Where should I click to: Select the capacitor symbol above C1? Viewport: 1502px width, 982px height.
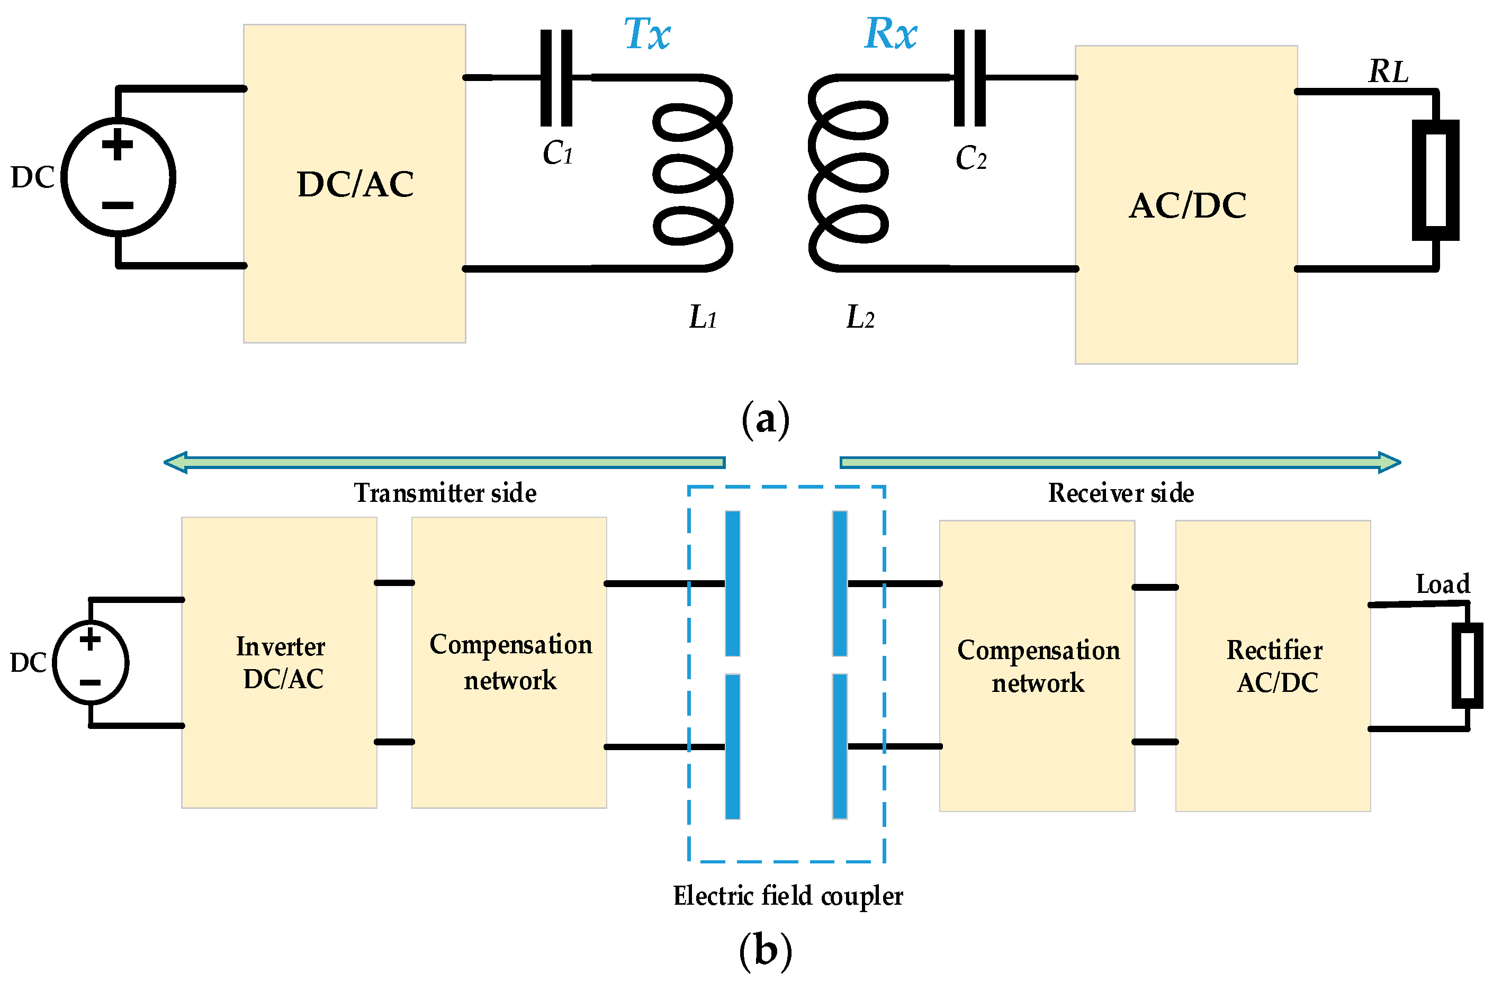(x=556, y=78)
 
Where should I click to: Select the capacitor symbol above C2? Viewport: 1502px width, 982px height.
(x=969, y=78)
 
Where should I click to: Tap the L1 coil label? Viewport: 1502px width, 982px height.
(x=703, y=317)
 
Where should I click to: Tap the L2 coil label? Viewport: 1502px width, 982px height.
(x=860, y=317)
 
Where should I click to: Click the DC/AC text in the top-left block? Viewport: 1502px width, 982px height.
(x=355, y=184)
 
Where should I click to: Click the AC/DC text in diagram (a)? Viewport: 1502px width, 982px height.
(x=1187, y=206)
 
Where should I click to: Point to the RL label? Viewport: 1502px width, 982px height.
(x=1388, y=71)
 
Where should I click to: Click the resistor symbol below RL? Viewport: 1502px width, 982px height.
(x=1435, y=180)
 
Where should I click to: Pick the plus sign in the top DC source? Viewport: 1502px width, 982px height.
(x=118, y=144)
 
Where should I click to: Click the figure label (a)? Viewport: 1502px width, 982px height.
(x=765, y=419)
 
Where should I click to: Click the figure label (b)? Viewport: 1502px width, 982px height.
(x=765, y=950)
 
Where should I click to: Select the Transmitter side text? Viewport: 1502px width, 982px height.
(x=445, y=493)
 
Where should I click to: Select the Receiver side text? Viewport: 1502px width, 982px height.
(x=1121, y=493)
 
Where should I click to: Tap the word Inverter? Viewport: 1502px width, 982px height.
(x=280, y=647)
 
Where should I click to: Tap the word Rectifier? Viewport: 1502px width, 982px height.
(x=1274, y=650)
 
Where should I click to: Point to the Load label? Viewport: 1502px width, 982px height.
(x=1443, y=584)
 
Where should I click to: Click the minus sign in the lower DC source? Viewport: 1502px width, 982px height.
(x=90, y=682)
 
